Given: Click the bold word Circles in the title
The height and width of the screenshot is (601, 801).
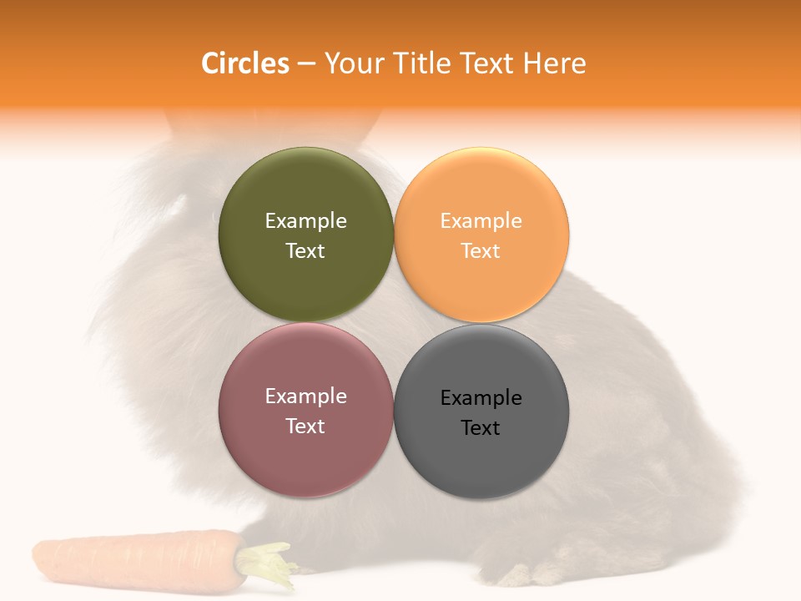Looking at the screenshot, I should pyautogui.click(x=244, y=63).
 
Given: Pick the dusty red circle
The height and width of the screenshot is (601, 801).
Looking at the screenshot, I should pyautogui.click(x=305, y=455).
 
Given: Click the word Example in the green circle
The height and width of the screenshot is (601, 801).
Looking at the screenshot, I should pyautogui.click(x=305, y=220).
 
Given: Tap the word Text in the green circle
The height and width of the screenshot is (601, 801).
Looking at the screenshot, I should pyautogui.click(x=305, y=250).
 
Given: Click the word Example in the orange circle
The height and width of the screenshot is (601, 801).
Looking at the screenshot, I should pyautogui.click(x=481, y=220).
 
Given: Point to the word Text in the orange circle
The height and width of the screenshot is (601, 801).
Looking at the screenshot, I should pyautogui.click(x=481, y=250).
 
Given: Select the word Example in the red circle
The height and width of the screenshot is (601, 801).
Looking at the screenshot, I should pyautogui.click(x=305, y=396).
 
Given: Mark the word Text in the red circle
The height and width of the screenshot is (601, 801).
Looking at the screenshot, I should pyautogui.click(x=305, y=426).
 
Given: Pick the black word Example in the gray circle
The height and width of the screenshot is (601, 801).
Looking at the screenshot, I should pyautogui.click(x=481, y=397).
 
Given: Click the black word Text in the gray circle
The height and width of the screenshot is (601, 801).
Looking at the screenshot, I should pyautogui.click(x=481, y=427).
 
